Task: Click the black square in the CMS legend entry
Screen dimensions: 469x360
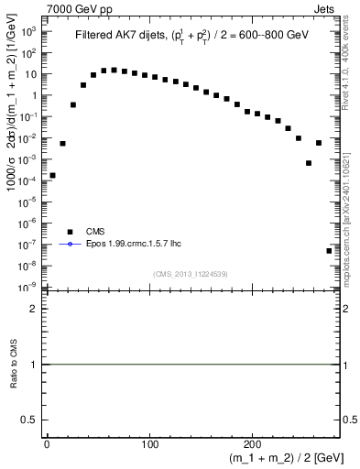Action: click(69, 232)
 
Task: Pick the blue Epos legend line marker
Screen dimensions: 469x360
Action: click(69, 244)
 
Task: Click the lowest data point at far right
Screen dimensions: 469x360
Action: click(329, 250)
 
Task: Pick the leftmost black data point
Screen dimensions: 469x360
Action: click(52, 175)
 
